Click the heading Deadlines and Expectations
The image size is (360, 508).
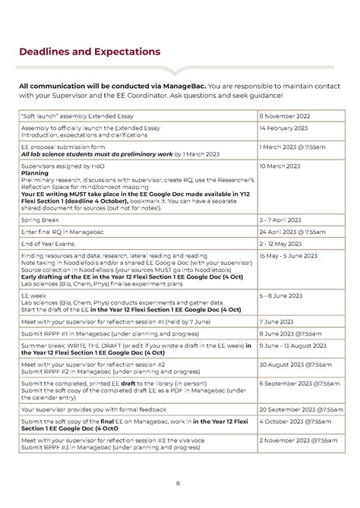tap(90, 52)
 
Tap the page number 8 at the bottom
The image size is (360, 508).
tap(177, 482)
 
